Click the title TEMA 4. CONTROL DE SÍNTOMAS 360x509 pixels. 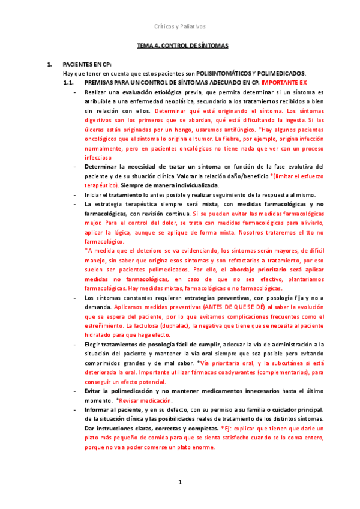pyautogui.click(x=182, y=46)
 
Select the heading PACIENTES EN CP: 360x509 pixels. pyautogui.click(x=87, y=64)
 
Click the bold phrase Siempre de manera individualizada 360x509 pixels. pyautogui.click(x=150, y=185)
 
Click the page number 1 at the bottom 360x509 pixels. pyautogui.click(x=179, y=482)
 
